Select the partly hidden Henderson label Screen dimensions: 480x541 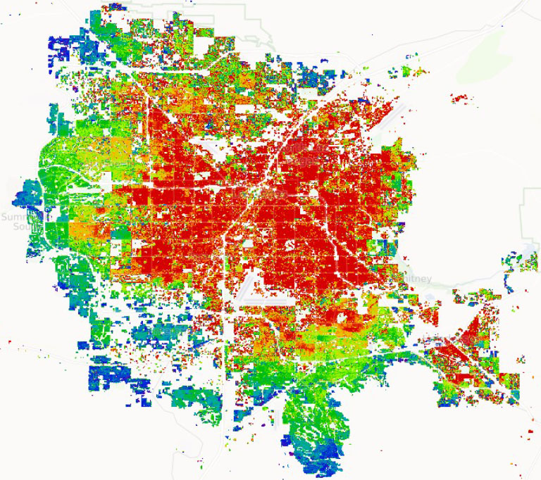pyautogui.click(x=461, y=339)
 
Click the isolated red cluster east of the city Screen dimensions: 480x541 pyautogui.click(x=459, y=97)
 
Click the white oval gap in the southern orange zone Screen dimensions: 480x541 pyautogui.click(x=348, y=320)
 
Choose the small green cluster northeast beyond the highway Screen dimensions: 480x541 pyautogui.click(x=409, y=70)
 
